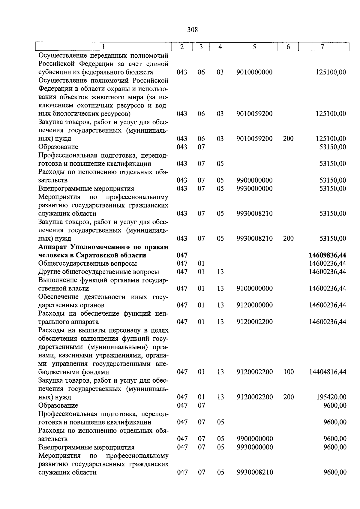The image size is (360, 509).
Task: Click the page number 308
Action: click(192, 30)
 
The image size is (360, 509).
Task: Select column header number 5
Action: click(254, 47)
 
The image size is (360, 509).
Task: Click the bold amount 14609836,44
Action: click(327, 255)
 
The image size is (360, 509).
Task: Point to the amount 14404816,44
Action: click(328, 372)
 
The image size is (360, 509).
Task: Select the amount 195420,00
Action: click(331, 397)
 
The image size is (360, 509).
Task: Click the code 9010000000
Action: click(254, 72)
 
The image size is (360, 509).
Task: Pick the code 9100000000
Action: click(254, 288)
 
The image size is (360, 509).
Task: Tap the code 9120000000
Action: click(254, 305)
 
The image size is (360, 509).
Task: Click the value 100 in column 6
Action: click(288, 372)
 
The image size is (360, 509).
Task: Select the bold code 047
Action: click(182, 255)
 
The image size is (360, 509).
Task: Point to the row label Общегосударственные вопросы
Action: click(88, 264)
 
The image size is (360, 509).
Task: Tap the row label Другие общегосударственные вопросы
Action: click(99, 272)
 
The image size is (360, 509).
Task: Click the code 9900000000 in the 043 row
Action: click(254, 180)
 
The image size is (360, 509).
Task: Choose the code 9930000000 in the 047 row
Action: click(255, 447)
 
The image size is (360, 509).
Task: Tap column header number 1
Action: click(103, 47)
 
